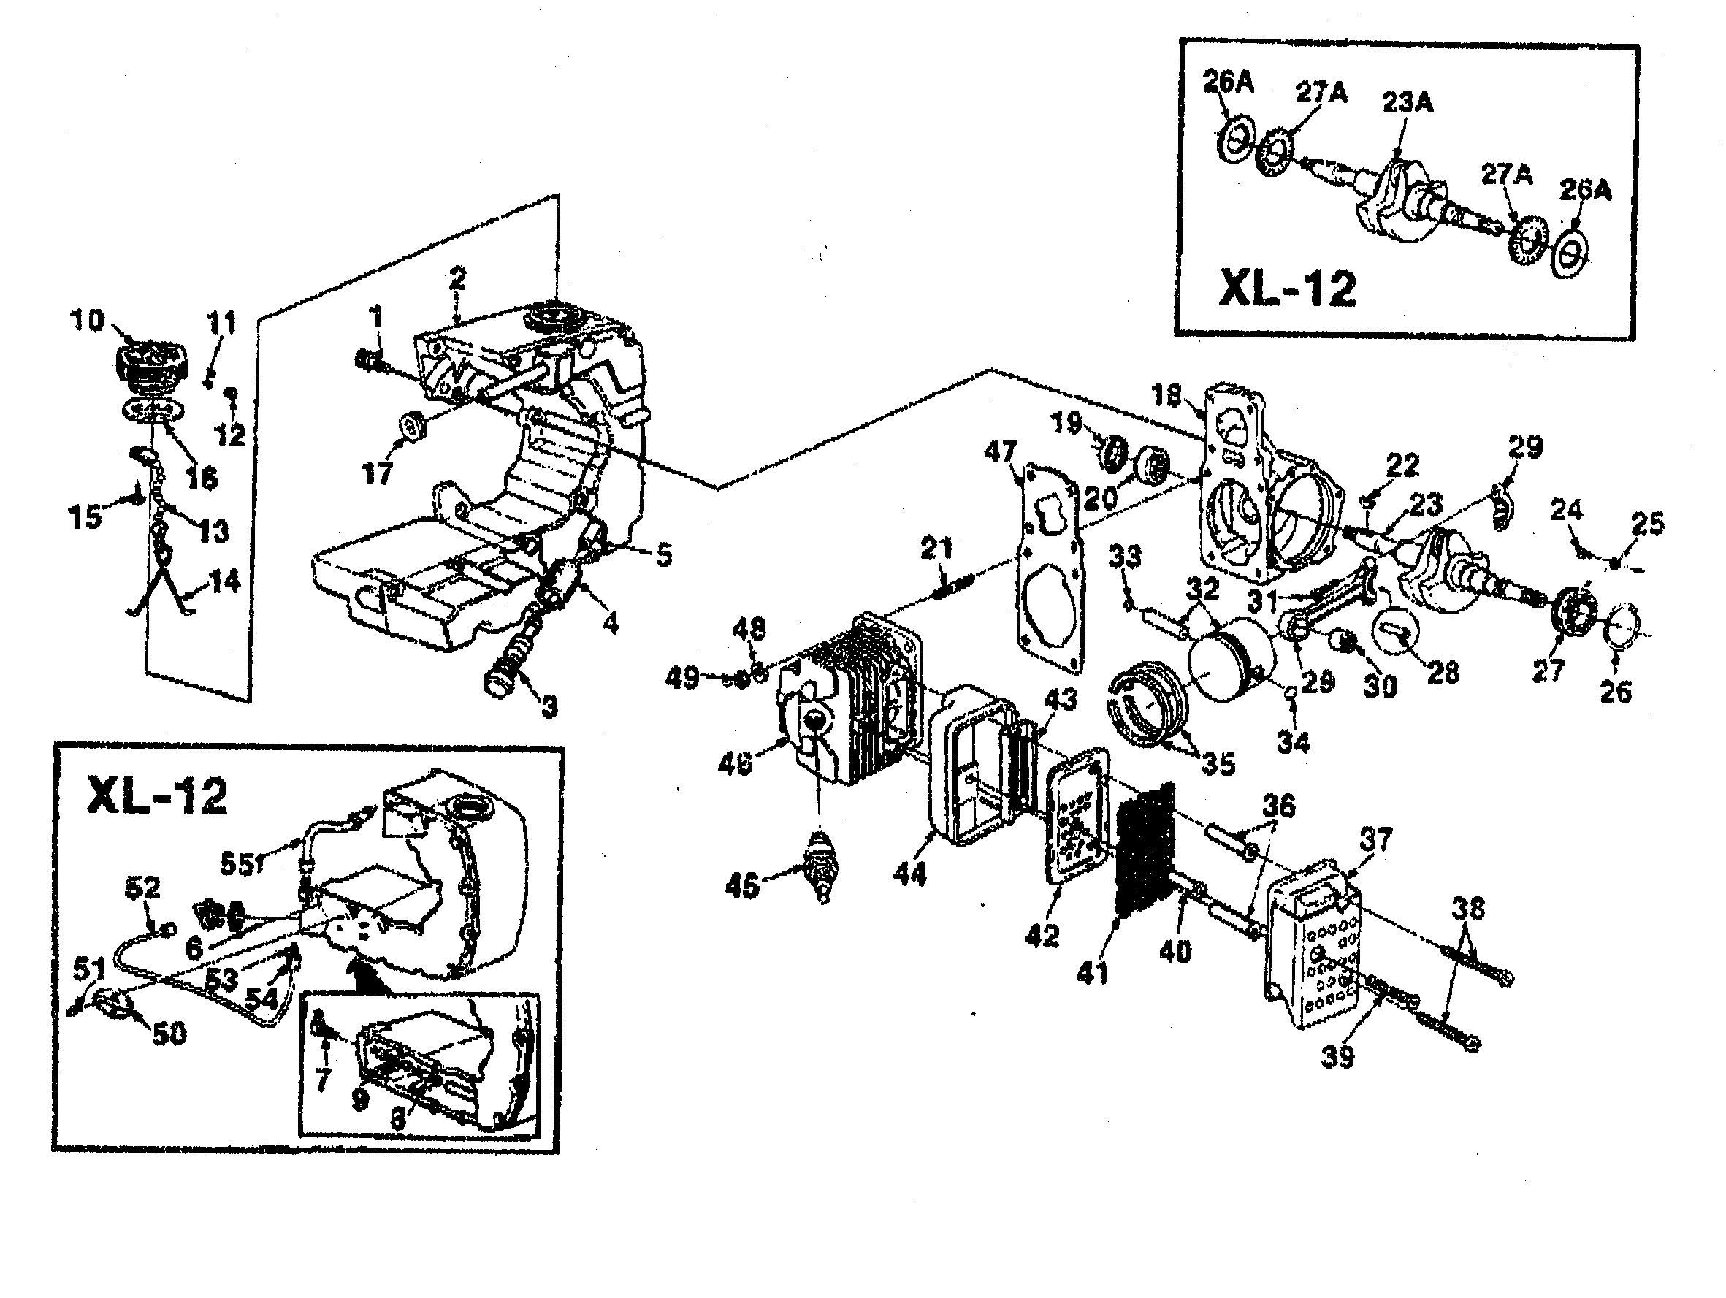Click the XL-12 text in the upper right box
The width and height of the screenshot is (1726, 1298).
1287,289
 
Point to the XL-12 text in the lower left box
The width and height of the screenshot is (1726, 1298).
157,796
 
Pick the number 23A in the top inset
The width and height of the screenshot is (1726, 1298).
1408,102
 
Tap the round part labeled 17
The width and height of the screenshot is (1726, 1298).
410,426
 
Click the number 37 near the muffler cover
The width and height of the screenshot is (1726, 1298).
1375,840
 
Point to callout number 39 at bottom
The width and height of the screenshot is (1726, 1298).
1337,1057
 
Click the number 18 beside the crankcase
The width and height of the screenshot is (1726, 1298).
1166,396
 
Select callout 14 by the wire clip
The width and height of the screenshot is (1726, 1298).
224,581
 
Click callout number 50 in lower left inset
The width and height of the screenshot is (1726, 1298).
169,1033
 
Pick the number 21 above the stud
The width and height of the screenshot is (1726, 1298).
936,549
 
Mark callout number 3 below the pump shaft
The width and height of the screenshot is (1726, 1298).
549,707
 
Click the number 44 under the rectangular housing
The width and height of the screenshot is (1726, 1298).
909,873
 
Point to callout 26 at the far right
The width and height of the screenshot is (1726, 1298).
1615,691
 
